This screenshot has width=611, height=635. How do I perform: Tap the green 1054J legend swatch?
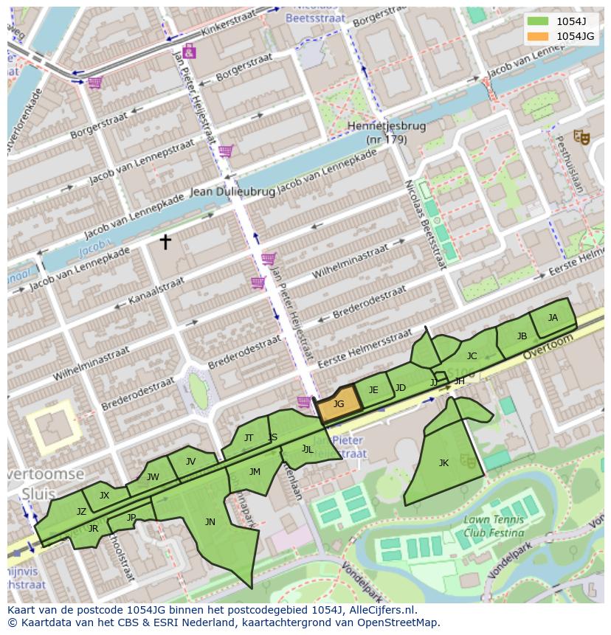538,21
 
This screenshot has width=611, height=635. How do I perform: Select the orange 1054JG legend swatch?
538,36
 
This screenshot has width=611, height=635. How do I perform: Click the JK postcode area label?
443,463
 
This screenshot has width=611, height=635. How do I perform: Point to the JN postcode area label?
210,522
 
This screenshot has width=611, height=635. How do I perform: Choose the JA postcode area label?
553,318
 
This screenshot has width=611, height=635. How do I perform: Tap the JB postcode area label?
522,336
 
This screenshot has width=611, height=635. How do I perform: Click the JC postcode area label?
472,356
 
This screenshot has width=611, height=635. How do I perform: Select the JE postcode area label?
373,390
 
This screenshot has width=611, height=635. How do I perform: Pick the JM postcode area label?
255,472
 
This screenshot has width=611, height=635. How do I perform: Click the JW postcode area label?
153,477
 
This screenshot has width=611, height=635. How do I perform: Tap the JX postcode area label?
104,496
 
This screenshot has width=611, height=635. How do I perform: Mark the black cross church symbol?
165,241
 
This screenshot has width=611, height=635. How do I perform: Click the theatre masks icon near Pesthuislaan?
581,136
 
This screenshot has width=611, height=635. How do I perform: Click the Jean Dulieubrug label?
232,192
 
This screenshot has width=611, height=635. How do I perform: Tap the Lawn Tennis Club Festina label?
494,527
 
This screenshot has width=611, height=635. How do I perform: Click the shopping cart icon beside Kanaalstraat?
258,282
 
